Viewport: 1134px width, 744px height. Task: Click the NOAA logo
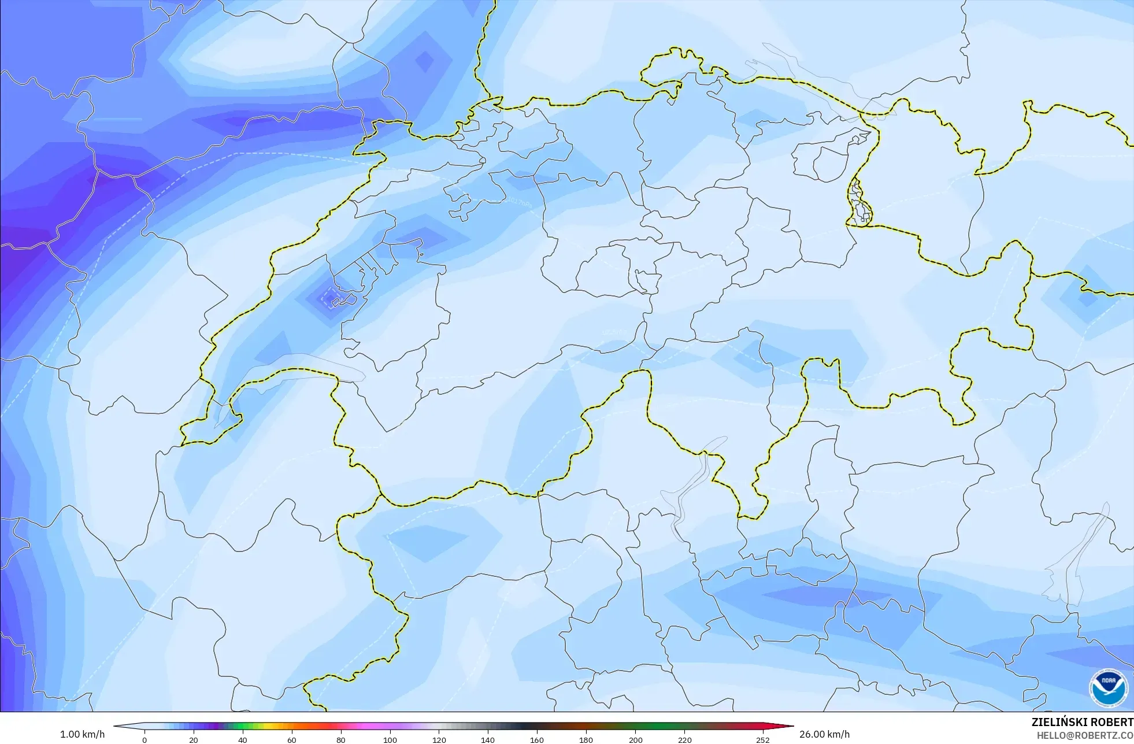click(x=1108, y=689)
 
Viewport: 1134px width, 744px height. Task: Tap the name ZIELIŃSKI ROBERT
click(x=1082, y=722)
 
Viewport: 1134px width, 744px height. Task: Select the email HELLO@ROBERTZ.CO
click(x=1084, y=735)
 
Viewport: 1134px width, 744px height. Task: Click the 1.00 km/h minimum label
click(x=83, y=735)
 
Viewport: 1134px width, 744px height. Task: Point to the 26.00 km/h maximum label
click(x=824, y=735)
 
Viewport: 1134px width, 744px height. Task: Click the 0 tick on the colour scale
click(x=144, y=740)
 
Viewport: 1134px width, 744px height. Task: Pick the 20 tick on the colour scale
click(x=194, y=740)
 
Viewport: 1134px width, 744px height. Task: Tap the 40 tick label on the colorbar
click(x=243, y=740)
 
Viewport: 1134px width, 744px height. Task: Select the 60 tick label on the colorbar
click(x=292, y=740)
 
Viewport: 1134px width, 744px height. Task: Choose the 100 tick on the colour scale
click(x=390, y=740)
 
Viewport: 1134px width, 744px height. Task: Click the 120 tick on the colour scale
click(x=439, y=740)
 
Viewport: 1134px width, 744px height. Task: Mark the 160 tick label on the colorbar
click(x=537, y=740)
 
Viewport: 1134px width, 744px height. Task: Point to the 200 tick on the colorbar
click(x=635, y=740)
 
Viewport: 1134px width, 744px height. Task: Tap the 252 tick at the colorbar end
click(x=763, y=740)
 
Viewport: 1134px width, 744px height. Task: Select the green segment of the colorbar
click(x=237, y=727)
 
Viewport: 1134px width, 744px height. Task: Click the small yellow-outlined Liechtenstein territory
click(x=859, y=202)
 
